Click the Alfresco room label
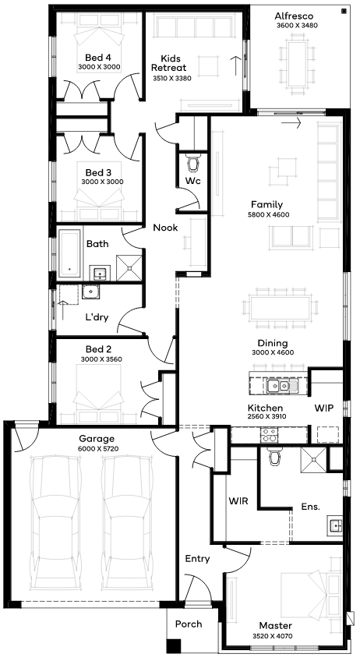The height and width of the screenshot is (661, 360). (294, 16)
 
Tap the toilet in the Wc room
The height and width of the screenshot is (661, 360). (193, 163)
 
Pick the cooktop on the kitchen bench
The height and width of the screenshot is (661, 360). (269, 435)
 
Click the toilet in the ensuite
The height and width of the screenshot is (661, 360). (275, 455)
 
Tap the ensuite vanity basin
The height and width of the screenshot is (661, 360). (336, 525)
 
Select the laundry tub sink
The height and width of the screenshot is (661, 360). (90, 292)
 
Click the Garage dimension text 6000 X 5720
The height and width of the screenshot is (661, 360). (98, 448)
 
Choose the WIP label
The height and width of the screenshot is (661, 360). (323, 408)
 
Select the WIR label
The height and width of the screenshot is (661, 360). (238, 501)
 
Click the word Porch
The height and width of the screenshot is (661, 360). (189, 624)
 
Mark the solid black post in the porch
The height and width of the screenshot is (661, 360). (173, 647)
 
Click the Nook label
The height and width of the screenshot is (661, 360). (165, 228)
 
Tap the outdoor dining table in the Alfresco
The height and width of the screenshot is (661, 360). (298, 63)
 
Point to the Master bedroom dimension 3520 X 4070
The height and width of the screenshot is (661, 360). (273, 636)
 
